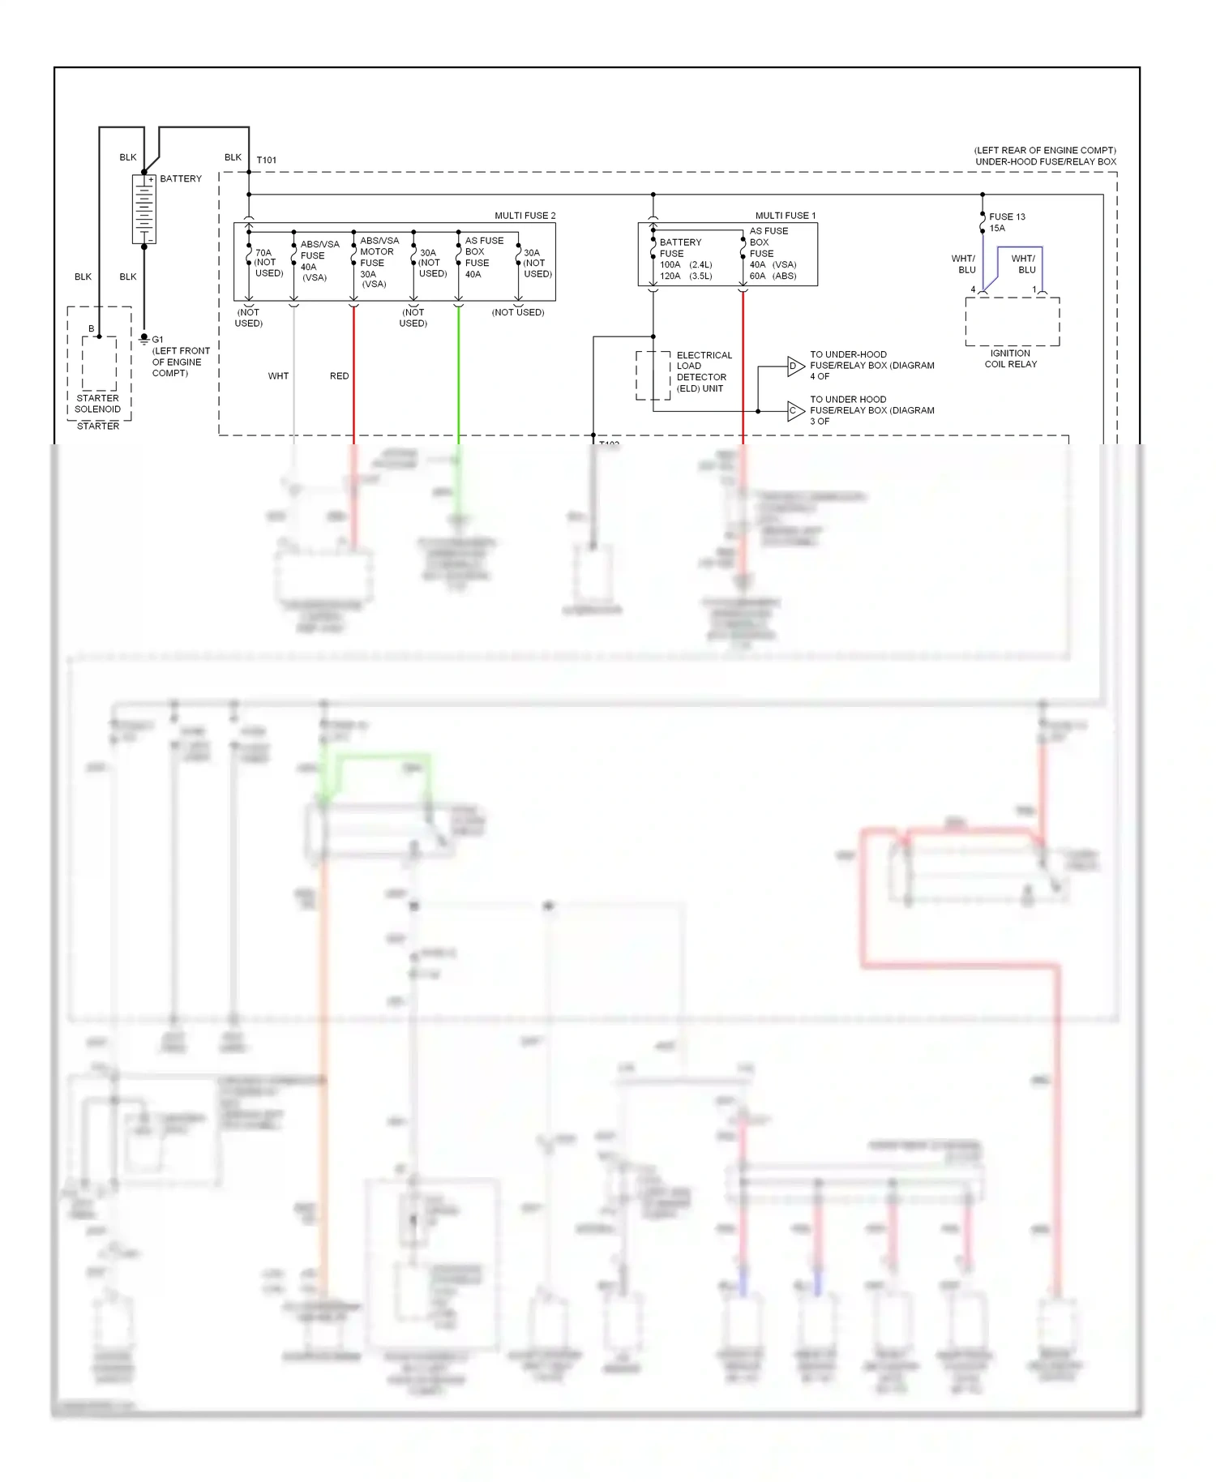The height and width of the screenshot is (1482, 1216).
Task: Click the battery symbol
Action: click(143, 209)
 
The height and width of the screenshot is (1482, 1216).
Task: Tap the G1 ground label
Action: click(157, 340)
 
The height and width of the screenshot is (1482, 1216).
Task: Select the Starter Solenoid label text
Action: click(97, 404)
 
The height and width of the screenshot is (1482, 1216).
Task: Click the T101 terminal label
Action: click(266, 160)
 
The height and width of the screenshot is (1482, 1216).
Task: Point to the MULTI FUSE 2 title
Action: click(525, 216)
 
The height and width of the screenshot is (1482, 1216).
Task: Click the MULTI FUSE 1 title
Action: click(785, 216)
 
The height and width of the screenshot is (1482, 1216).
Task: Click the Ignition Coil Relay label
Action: click(1010, 359)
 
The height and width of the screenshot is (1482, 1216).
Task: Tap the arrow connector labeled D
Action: click(794, 366)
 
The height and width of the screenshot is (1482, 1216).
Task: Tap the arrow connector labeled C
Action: click(794, 411)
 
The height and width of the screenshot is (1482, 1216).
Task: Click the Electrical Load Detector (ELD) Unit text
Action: click(703, 372)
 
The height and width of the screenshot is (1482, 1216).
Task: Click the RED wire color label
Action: click(339, 376)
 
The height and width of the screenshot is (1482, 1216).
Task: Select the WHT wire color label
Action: click(278, 376)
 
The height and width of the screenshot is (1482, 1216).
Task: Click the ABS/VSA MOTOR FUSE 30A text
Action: click(378, 262)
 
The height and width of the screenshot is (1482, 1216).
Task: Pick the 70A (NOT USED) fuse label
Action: click(268, 263)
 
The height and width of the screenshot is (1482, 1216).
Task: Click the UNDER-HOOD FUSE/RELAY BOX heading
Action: click(1045, 161)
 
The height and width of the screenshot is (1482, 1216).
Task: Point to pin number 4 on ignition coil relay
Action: click(973, 289)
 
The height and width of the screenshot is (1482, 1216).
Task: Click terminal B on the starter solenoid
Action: click(92, 328)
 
